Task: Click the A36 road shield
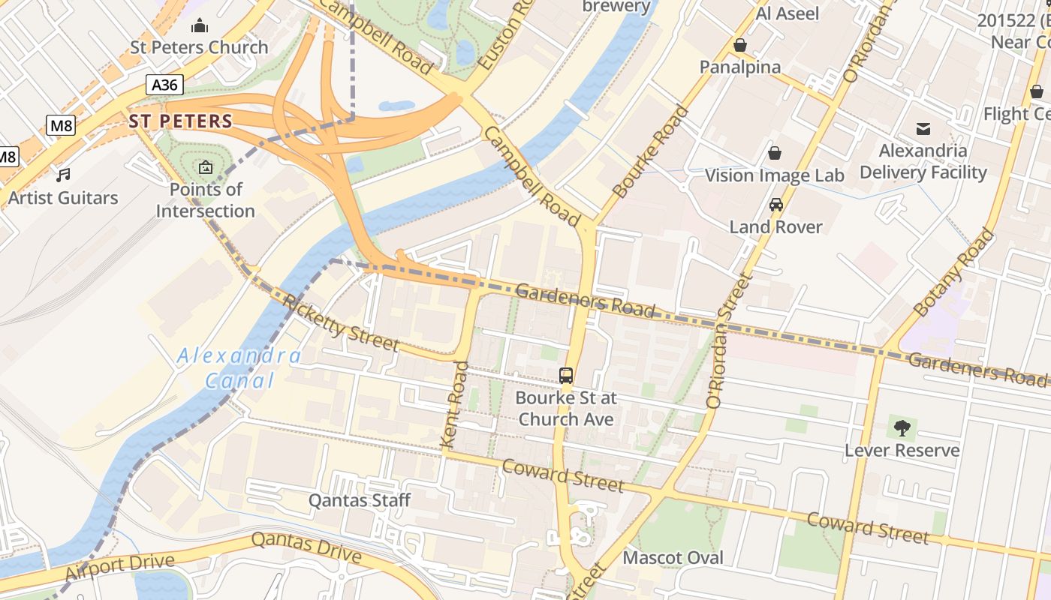click(164, 85)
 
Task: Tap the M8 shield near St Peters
click(61, 125)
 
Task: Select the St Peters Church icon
click(200, 26)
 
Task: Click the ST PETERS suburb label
click(180, 121)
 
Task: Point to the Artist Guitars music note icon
click(64, 175)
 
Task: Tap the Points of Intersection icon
click(206, 167)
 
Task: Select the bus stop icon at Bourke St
click(566, 376)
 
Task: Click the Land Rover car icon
click(776, 204)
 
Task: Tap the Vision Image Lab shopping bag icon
click(775, 153)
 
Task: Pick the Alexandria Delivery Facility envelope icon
click(923, 128)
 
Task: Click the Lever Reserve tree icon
click(902, 428)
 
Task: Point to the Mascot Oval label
click(673, 557)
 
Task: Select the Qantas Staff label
click(360, 500)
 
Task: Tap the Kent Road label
click(456, 406)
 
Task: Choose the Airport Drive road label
click(120, 567)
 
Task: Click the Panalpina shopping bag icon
click(740, 46)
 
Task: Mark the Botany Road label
click(954, 271)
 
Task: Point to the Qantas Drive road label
click(306, 548)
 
